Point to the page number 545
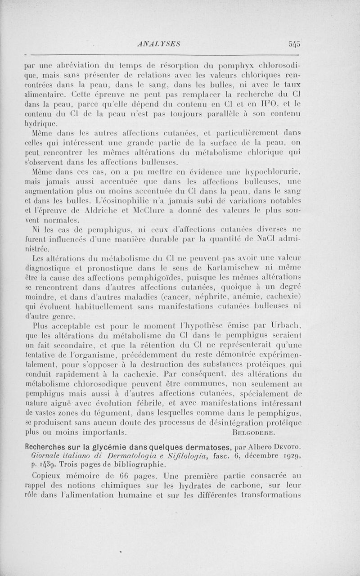(295, 44)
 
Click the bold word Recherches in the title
(46, 446)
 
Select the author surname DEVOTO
(288, 447)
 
